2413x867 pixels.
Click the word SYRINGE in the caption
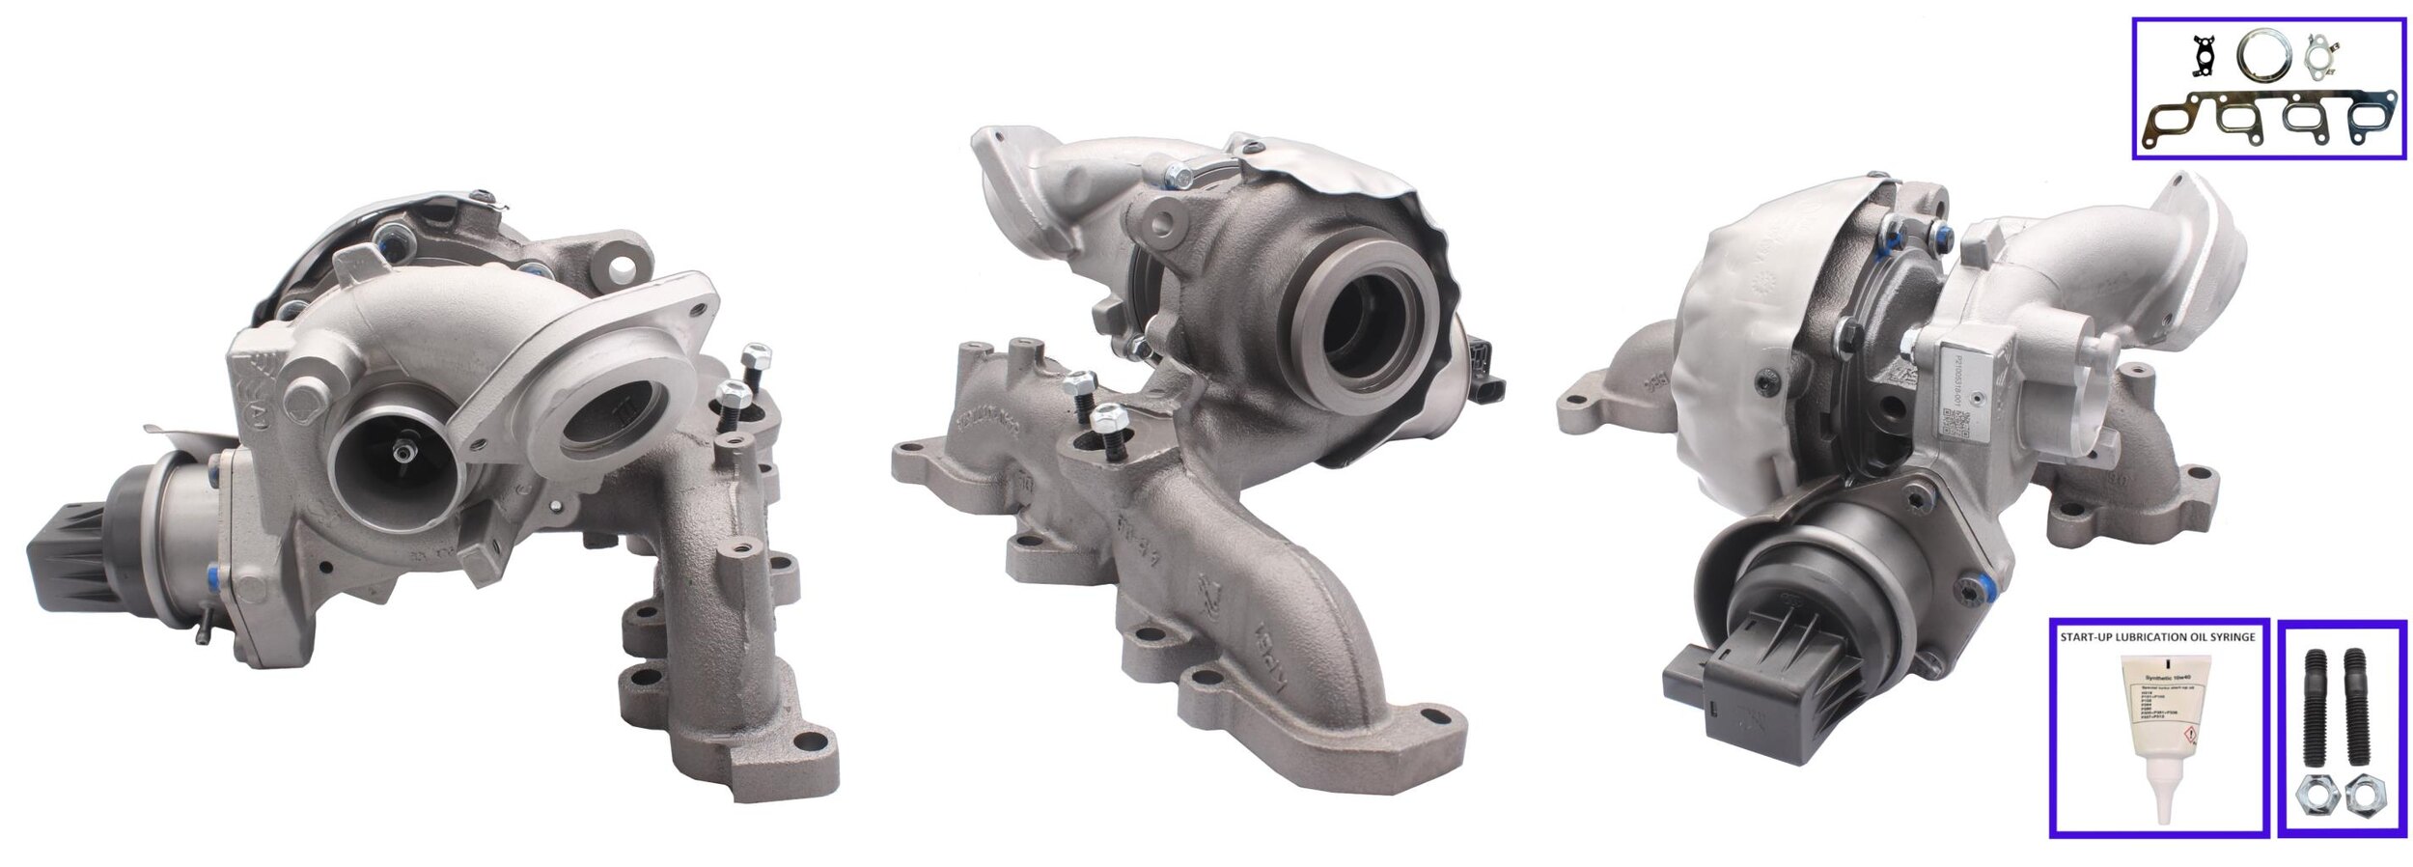pos(2228,637)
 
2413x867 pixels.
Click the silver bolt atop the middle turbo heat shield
pos(1178,176)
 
